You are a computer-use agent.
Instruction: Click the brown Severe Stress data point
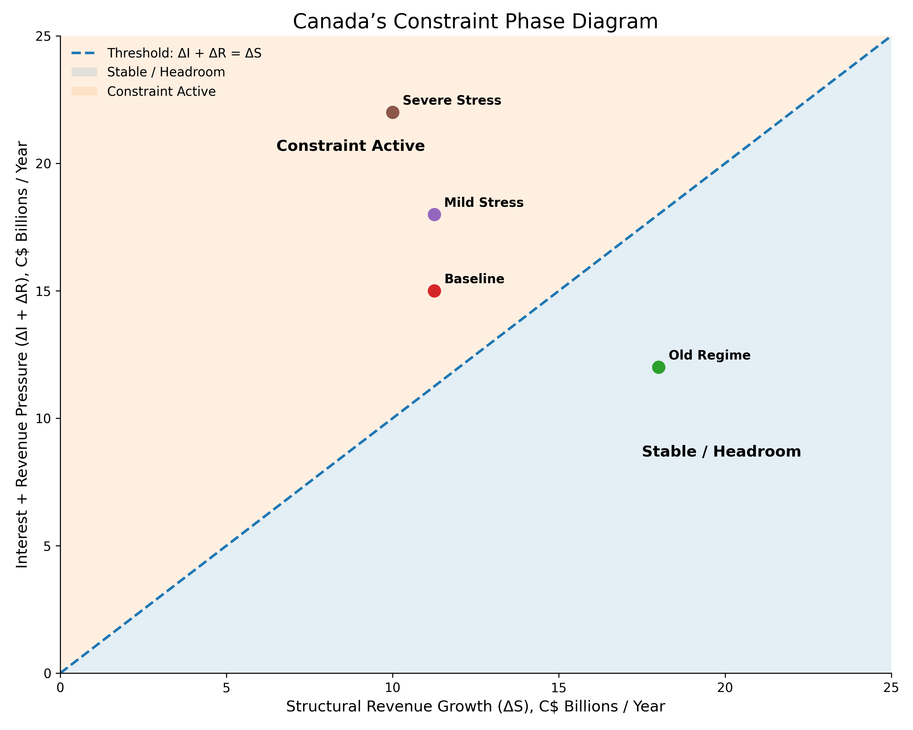tap(393, 113)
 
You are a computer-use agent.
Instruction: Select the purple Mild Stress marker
tap(434, 214)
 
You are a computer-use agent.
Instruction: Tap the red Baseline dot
tap(434, 291)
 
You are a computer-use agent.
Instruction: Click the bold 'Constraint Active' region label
tap(350, 146)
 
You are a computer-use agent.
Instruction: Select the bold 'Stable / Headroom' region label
tap(721, 452)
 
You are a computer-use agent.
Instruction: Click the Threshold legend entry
tap(184, 53)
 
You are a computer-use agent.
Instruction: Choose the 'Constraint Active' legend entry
tap(161, 92)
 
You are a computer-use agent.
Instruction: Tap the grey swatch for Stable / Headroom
tap(84, 72)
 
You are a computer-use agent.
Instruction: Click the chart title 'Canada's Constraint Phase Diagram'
tap(475, 22)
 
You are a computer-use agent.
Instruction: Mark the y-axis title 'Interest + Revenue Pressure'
tap(22, 355)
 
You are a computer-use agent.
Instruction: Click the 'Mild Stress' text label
tap(484, 203)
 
